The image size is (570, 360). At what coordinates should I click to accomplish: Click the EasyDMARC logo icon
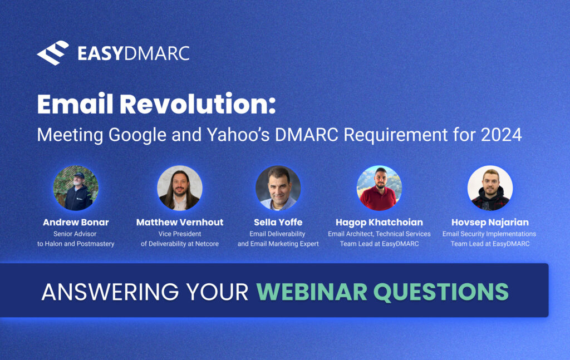(53, 53)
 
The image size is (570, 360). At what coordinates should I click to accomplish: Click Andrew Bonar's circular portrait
(76, 188)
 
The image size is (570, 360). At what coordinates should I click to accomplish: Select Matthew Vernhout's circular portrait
(179, 188)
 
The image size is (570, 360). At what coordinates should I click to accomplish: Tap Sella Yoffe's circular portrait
(278, 188)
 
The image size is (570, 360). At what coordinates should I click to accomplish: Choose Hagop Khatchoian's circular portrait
(379, 188)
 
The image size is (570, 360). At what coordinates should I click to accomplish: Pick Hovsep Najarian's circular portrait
(489, 188)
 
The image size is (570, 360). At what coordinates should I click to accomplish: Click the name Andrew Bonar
(76, 222)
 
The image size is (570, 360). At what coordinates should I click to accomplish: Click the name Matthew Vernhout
(179, 222)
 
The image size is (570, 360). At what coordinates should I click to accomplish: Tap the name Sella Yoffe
(278, 222)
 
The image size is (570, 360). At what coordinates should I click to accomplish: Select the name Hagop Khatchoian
(379, 222)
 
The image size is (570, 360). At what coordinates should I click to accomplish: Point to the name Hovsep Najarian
(489, 222)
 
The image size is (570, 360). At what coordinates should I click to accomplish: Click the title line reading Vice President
(179, 234)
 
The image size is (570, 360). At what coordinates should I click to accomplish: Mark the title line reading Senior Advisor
(76, 234)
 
